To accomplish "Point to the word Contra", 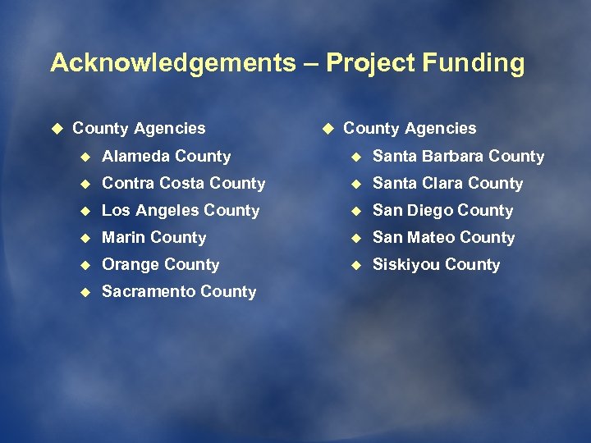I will (127, 183).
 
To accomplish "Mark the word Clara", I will (444, 183).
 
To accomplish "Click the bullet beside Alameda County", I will (83, 156).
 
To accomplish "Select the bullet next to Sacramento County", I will (83, 291).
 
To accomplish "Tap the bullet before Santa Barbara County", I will (354, 156).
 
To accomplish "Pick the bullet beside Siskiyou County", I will (354, 264).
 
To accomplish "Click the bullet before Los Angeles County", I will (83, 210).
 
